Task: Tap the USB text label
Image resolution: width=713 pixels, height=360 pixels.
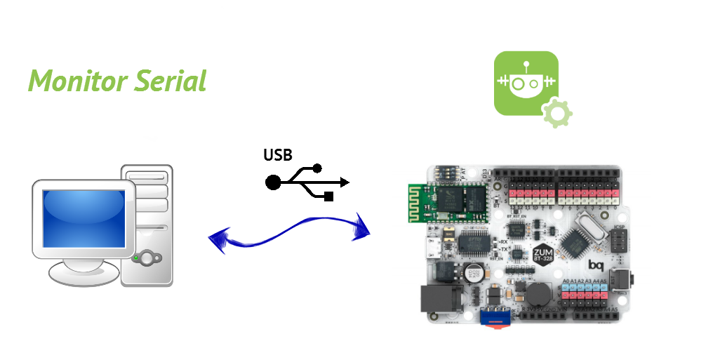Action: coord(278,156)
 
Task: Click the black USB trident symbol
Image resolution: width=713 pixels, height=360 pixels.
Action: coord(307,182)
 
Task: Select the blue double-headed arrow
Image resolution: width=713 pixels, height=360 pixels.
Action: coord(289,234)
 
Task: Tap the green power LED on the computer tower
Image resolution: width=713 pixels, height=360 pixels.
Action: coord(135,258)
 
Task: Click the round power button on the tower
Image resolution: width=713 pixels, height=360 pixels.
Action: coord(147,258)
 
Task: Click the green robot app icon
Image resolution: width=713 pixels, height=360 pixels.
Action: coord(526,83)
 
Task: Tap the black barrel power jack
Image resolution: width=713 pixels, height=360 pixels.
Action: coord(437,300)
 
